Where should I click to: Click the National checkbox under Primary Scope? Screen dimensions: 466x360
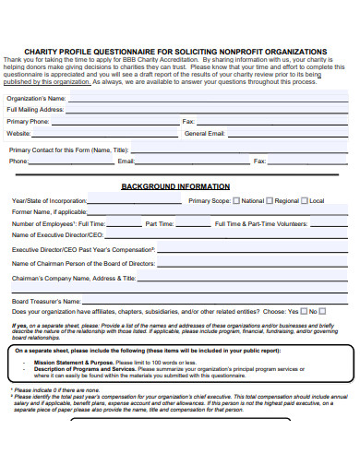click(x=237, y=200)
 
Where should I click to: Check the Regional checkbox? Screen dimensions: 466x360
click(x=270, y=200)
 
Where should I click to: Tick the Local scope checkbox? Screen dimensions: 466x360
click(x=306, y=200)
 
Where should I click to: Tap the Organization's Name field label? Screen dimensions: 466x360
click(x=36, y=97)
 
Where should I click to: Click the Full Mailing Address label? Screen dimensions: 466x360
click(x=35, y=109)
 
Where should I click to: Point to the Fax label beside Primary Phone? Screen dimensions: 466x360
click(x=213, y=121)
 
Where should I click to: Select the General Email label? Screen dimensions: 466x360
click(x=204, y=133)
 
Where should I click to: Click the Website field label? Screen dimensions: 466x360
click(x=20, y=133)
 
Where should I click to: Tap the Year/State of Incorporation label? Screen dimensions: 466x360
click(x=49, y=200)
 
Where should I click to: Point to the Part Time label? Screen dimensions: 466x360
click(x=159, y=223)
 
